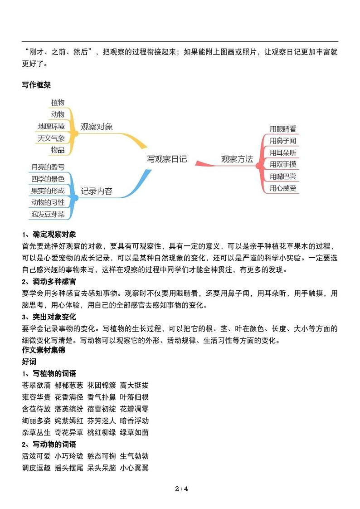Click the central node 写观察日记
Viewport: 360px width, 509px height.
[167, 159]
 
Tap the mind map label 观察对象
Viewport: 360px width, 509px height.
[97, 127]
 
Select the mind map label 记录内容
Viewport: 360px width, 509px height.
[97, 191]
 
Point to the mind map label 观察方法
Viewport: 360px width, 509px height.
[237, 159]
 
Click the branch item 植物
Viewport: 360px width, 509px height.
[58, 103]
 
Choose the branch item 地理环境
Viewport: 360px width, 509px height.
[51, 126]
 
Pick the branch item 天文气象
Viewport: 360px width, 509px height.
[51, 138]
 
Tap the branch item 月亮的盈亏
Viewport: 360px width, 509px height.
[48, 167]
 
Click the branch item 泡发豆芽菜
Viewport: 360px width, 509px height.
[48, 214]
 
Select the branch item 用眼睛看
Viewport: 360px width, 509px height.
[283, 129]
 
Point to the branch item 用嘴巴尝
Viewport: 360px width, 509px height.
[283, 176]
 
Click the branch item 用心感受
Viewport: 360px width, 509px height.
[283, 188]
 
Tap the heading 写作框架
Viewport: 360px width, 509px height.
[36, 84]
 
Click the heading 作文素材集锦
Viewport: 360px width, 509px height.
[44, 350]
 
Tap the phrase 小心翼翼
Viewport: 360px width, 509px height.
[135, 468]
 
